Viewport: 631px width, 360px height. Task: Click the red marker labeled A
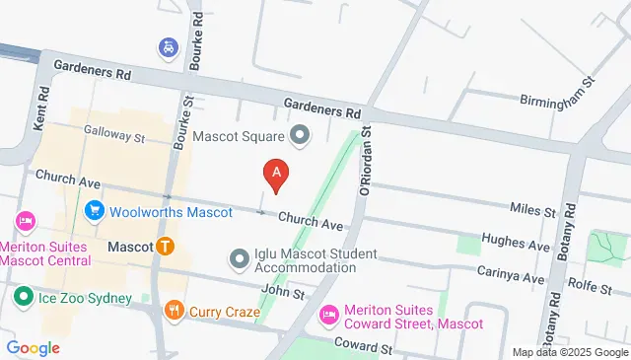pos(277,174)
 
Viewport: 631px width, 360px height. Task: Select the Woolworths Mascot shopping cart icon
pos(95,210)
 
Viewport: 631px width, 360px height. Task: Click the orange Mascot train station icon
pos(166,246)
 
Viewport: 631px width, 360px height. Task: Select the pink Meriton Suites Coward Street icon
pos(329,315)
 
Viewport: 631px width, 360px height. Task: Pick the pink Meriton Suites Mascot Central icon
pos(27,220)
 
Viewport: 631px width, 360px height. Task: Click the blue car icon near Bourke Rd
pos(167,47)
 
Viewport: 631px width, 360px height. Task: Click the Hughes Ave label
pos(514,242)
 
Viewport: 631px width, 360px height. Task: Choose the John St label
pos(284,293)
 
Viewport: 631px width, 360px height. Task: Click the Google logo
pos(33,347)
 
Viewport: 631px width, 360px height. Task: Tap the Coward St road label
pos(363,348)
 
